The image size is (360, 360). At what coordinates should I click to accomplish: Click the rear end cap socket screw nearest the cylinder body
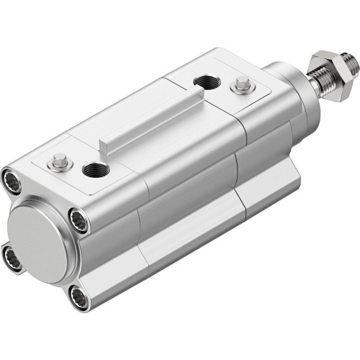tap(78, 220)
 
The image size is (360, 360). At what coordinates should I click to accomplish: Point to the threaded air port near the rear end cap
tap(95, 170)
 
